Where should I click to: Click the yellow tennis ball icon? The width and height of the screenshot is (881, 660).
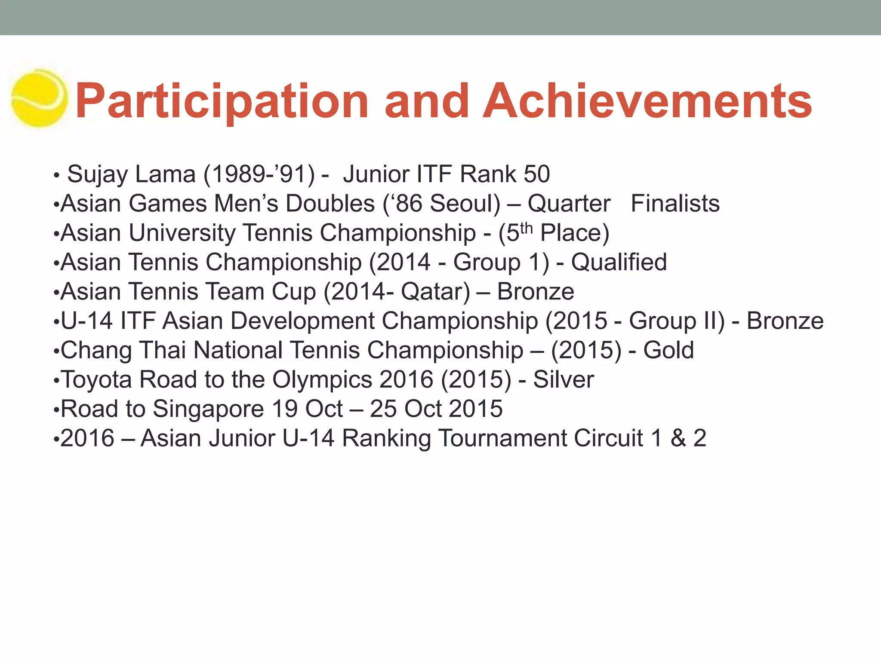coord(39,98)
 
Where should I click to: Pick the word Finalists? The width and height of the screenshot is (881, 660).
coord(675,203)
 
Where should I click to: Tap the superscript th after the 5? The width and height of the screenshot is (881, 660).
coord(527,228)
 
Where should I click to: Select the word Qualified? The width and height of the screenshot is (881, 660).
coord(619,262)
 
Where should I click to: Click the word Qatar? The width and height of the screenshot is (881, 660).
coord(435,292)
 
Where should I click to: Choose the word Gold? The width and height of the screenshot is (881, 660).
coord(668,350)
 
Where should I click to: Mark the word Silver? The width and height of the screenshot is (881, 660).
coord(564,379)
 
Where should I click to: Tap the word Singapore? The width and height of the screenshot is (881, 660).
coord(208,409)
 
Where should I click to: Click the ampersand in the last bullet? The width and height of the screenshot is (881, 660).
coord(678,438)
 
